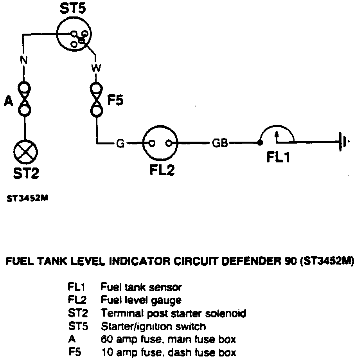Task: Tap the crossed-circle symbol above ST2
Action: point(25,151)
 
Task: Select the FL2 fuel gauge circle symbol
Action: point(160,142)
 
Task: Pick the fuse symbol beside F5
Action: point(96,99)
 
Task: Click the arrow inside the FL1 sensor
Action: point(277,135)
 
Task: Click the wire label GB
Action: point(220,143)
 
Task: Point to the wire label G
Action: point(120,144)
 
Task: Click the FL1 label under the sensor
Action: point(278,157)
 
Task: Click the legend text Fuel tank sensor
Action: point(141,287)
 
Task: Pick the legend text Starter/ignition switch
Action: point(153,326)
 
